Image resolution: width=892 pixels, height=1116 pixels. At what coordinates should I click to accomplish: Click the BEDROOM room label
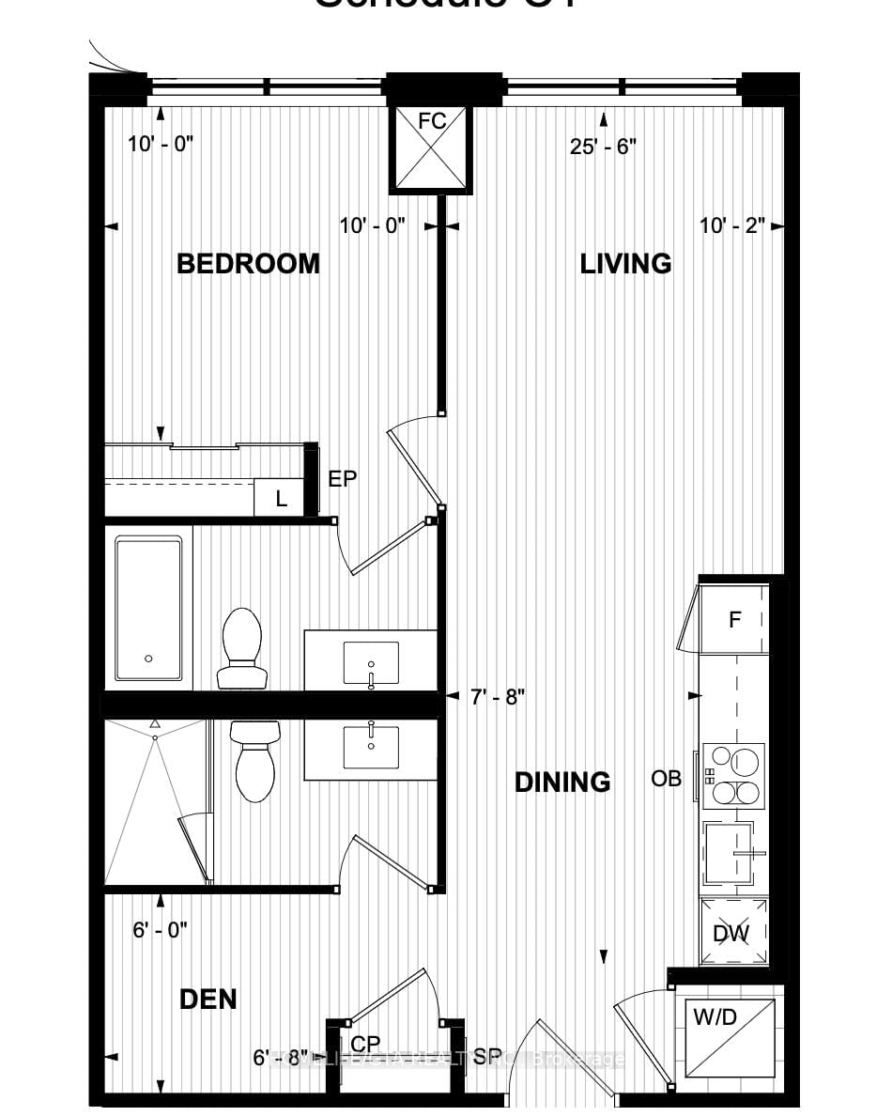(x=248, y=264)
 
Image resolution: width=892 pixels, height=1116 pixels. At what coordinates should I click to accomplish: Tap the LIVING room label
(x=625, y=264)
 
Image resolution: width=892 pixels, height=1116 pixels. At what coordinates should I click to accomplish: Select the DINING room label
(x=562, y=782)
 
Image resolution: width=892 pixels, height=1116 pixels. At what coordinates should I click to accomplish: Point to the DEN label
(x=208, y=1000)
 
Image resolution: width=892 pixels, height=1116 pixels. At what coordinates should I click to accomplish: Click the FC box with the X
(x=431, y=149)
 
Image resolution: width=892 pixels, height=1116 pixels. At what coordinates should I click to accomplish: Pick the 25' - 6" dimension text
(x=603, y=147)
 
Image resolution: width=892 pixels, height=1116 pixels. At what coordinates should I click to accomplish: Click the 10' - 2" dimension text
(x=732, y=225)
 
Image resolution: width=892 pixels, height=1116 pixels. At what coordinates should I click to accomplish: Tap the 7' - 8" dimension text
(x=497, y=696)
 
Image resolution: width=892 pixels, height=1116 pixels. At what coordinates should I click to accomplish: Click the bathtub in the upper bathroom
(x=148, y=609)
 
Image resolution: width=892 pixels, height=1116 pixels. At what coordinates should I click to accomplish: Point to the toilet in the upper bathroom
(x=240, y=647)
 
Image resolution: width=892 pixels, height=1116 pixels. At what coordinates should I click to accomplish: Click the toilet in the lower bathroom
(x=254, y=761)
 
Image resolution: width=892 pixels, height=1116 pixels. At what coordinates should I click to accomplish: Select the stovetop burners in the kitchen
(x=733, y=776)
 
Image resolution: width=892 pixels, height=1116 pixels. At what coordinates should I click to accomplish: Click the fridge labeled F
(x=735, y=620)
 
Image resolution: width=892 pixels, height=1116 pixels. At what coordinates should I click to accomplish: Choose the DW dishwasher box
(x=733, y=933)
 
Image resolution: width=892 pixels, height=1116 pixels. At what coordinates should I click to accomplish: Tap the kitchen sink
(x=732, y=853)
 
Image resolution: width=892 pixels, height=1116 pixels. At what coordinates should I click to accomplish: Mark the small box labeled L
(x=279, y=499)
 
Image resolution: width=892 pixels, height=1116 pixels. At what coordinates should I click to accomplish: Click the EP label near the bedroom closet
(x=342, y=479)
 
